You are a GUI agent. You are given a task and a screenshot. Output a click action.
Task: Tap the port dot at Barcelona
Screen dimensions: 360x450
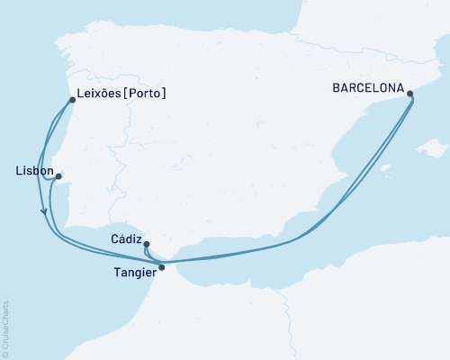pyautogui.click(x=410, y=93)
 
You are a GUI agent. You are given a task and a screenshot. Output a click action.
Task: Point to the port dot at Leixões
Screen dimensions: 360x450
pyautogui.click(x=71, y=100)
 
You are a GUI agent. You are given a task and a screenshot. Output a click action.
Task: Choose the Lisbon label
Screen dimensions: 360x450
pyautogui.click(x=33, y=169)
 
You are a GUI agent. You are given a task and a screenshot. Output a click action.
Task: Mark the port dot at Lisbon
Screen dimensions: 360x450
pyautogui.click(x=58, y=176)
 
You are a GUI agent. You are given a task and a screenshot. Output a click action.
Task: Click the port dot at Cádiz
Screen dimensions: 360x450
pyautogui.click(x=146, y=244)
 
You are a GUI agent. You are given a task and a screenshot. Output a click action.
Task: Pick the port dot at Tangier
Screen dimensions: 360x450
pyautogui.click(x=161, y=266)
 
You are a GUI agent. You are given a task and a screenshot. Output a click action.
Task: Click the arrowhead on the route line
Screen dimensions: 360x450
pyautogui.click(x=44, y=211)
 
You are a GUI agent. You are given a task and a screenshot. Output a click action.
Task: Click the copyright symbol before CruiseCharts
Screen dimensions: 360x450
pyautogui.click(x=5, y=353)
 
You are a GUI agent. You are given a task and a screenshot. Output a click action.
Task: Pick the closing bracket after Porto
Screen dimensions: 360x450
pyautogui.click(x=165, y=93)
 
